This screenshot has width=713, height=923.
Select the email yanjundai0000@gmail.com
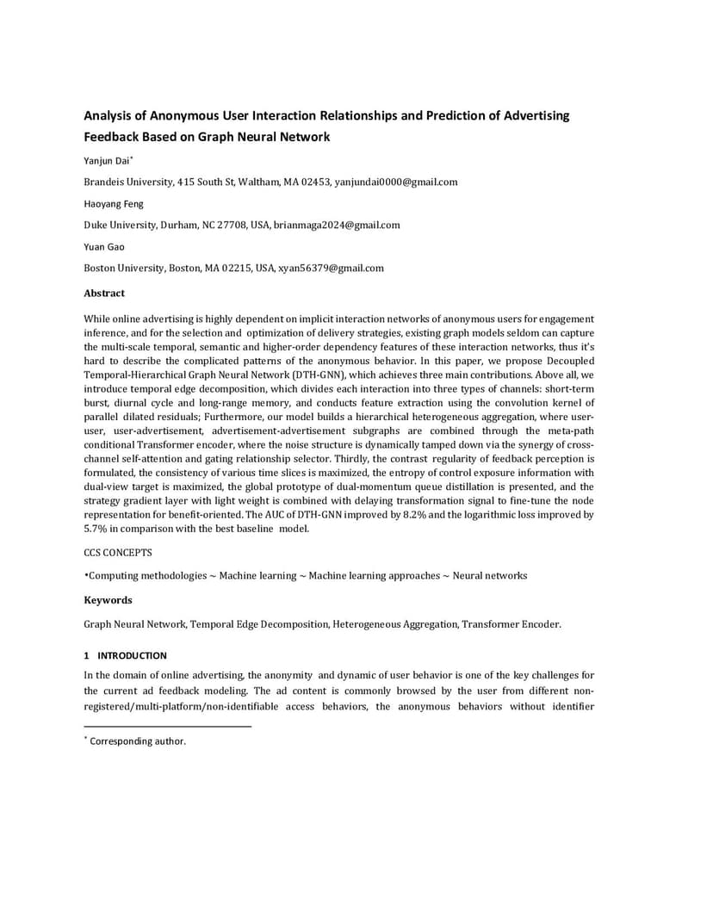tap(396, 182)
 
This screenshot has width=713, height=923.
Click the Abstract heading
tap(104, 293)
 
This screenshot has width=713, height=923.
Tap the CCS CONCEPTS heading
tap(118, 553)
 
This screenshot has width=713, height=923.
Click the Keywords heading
tap(108, 599)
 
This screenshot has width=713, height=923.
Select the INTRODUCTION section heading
tap(132, 655)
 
